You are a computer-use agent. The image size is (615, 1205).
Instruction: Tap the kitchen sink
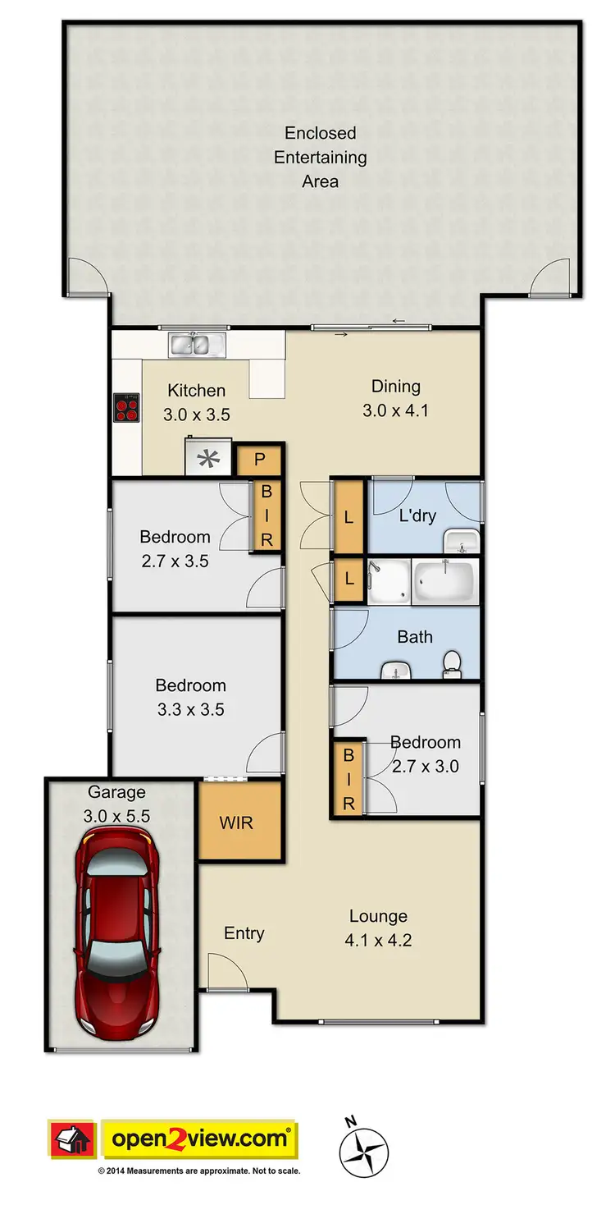click(x=197, y=345)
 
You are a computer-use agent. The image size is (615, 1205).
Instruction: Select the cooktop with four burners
click(x=126, y=407)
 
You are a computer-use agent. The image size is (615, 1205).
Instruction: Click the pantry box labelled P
click(x=259, y=460)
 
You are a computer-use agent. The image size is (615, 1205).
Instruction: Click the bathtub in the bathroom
click(x=444, y=583)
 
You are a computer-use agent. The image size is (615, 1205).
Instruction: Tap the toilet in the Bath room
click(x=452, y=663)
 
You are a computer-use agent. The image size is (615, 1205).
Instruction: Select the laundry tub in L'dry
click(x=461, y=542)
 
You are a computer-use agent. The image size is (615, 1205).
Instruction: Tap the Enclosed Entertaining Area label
click(x=320, y=157)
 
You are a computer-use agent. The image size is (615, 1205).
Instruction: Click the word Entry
click(x=244, y=933)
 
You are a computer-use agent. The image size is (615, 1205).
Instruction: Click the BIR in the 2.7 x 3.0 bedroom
click(x=348, y=778)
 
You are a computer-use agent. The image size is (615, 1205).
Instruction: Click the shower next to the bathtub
click(x=388, y=583)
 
